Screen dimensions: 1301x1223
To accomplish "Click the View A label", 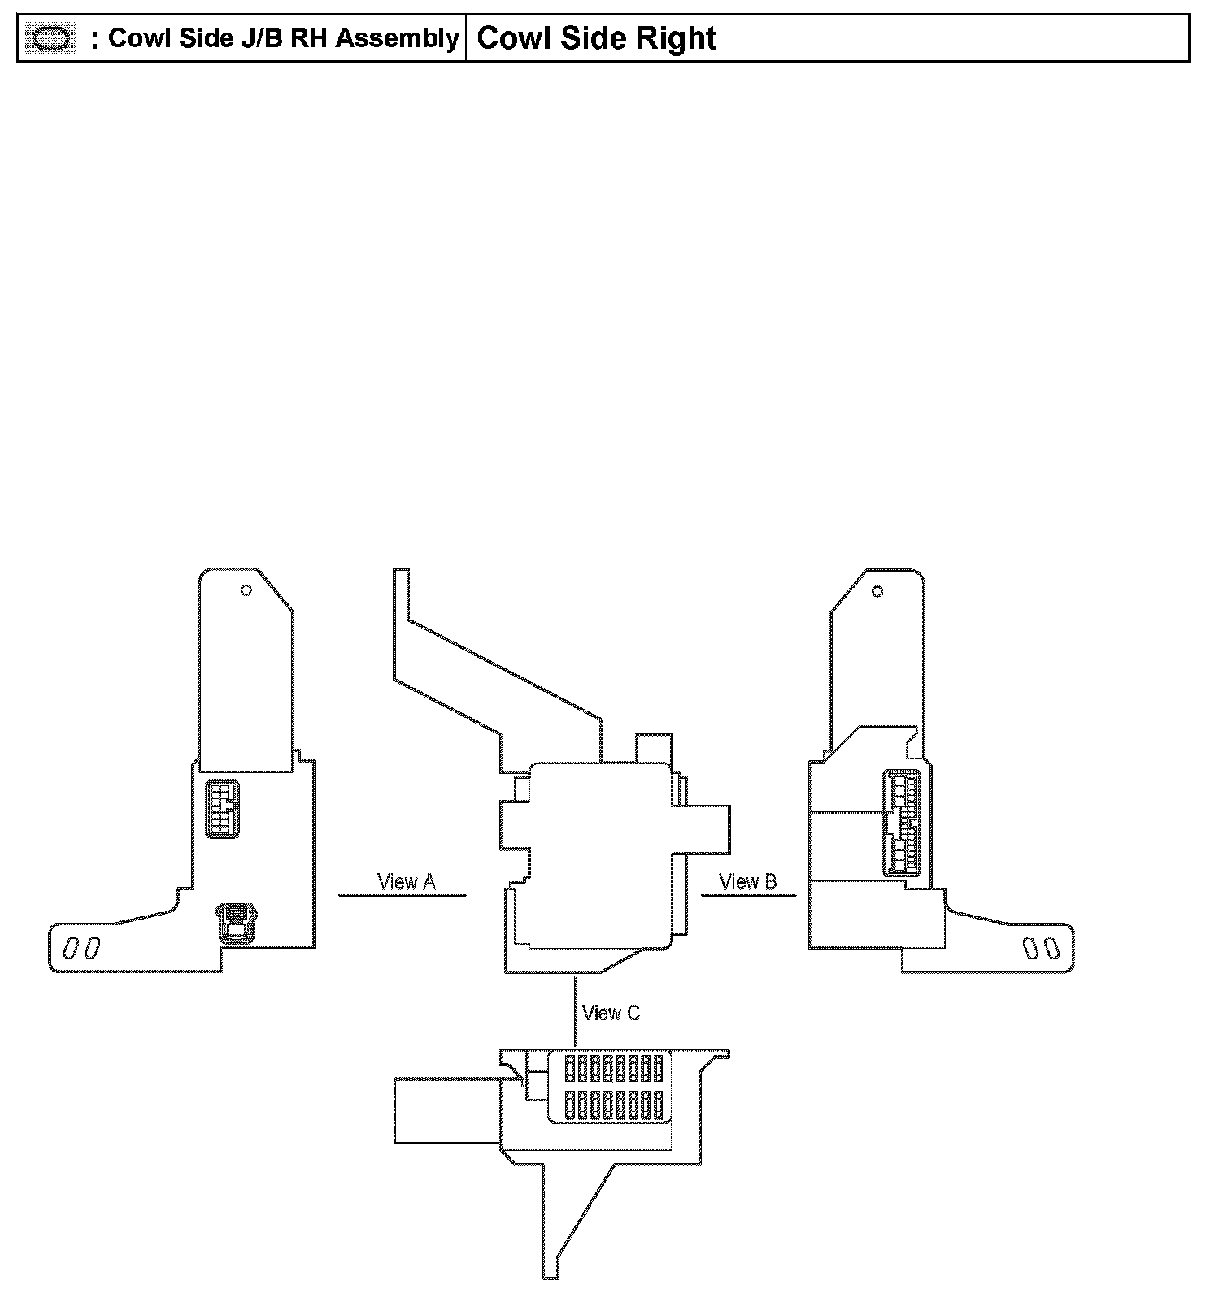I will coord(407,881).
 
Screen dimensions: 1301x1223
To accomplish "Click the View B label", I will coord(748,881).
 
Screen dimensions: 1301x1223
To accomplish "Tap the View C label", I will coord(611,1013).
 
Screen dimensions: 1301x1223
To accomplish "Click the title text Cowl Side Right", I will coord(596,38).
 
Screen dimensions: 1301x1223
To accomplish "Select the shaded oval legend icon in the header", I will coord(51,39).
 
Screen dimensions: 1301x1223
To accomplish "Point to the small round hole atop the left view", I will coord(246,590).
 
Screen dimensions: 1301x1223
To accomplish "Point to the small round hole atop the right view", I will coord(877,591).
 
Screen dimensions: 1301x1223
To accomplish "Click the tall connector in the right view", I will coord(903,822).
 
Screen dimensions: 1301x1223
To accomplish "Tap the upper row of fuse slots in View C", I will coord(614,1068).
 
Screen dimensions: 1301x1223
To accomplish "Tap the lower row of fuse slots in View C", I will coord(614,1105).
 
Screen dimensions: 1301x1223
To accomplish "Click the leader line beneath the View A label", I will coord(402,895).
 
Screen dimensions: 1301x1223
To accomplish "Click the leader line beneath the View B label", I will coord(748,895).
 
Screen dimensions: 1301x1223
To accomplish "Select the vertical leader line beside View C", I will coord(576,1012).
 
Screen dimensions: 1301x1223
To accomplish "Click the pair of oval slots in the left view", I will coord(81,948).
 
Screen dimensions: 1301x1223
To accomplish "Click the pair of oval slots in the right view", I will coord(1041,948).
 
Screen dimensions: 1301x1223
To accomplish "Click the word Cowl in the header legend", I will coord(135,38).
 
